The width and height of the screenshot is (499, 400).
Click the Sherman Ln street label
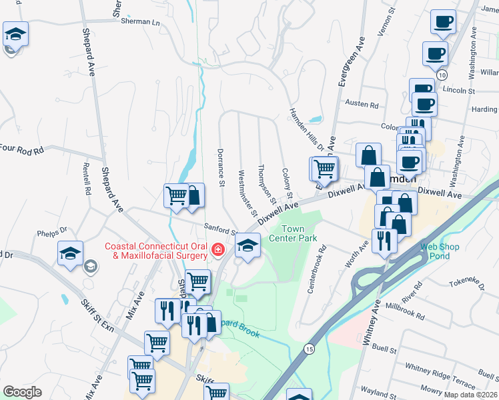(141, 22)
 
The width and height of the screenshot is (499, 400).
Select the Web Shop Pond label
(440, 251)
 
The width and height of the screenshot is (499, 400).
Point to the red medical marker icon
(217, 250)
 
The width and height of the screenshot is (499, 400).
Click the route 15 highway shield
(309, 349)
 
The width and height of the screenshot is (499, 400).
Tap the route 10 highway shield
(442, 75)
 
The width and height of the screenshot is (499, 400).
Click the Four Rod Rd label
(21, 149)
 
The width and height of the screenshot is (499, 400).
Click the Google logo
(23, 392)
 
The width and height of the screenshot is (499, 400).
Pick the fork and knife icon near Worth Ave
(384, 241)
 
